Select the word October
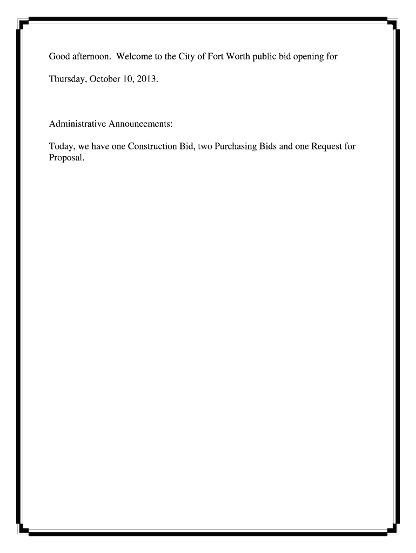tap(106, 79)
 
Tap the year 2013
tap(149, 79)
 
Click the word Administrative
tap(77, 124)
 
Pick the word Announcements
tap(140, 124)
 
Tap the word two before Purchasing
tap(205, 146)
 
